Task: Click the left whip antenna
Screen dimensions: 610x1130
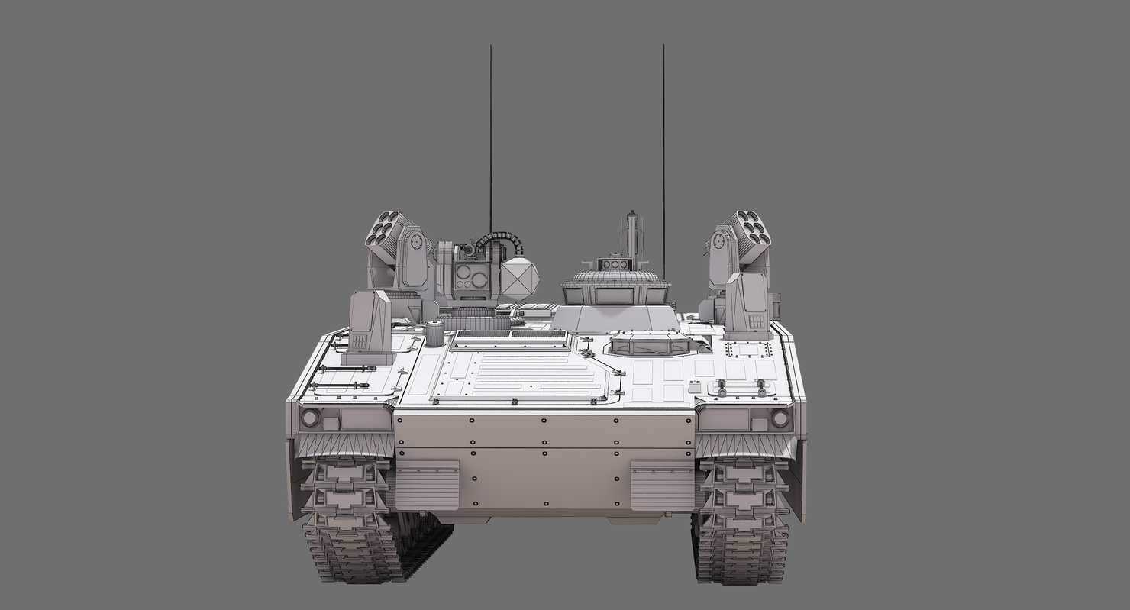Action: (490, 137)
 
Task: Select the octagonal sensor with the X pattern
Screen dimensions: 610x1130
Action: (520, 279)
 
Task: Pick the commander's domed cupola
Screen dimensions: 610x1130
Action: (615, 287)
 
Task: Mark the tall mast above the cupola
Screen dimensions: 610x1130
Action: (631, 234)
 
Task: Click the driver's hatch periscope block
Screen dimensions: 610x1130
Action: (647, 345)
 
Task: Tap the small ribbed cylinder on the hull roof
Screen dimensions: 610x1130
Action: (434, 334)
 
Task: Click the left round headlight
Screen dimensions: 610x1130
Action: (310, 418)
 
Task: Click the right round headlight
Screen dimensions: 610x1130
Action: (780, 418)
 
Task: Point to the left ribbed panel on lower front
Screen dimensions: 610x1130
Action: (428, 485)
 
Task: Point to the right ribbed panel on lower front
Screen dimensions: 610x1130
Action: (662, 485)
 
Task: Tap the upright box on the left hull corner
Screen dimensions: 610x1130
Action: (370, 324)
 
